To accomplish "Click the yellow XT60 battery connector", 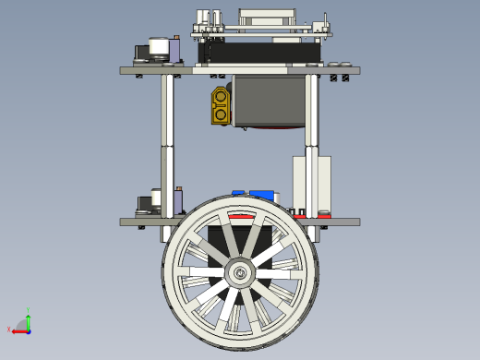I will (221, 104).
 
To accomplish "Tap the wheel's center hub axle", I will (240, 272).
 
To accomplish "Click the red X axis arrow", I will (18, 330).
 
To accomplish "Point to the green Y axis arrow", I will (29, 319).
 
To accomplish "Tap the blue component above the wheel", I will (262, 196).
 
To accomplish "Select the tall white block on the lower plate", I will (311, 185).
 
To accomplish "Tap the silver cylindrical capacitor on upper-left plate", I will (159, 49).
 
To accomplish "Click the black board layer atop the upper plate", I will (258, 54).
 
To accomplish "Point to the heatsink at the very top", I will (268, 16).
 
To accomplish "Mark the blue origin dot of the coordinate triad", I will (29, 330).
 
